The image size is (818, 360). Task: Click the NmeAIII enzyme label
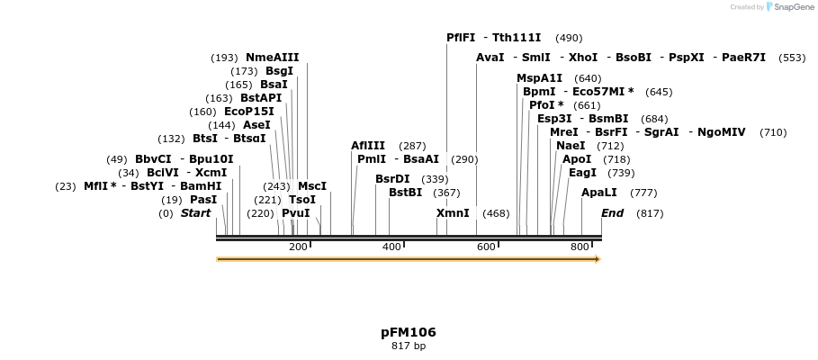coord(272,58)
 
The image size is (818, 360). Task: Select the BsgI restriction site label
coord(279,71)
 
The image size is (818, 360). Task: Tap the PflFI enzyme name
coord(461,38)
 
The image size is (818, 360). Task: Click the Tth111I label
coord(517,38)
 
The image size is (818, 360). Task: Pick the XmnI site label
coord(453,213)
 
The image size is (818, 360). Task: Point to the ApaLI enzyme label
coord(599,193)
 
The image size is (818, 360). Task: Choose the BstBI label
coord(405,193)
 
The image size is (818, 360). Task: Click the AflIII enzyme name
coord(368,146)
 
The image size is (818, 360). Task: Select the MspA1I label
coord(539,78)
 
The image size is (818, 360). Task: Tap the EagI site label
coord(582,173)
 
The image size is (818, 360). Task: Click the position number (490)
coord(569,38)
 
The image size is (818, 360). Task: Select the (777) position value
coord(643,193)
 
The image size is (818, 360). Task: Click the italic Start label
coord(195,213)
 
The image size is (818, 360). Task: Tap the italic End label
coord(612,213)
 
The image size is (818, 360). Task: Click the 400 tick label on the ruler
coord(391,247)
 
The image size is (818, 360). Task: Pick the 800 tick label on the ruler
coord(580,247)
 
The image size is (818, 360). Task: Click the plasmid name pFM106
coord(409,332)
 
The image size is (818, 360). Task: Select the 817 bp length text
coord(409,346)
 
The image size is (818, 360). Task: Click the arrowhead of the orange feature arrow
coord(597,259)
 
